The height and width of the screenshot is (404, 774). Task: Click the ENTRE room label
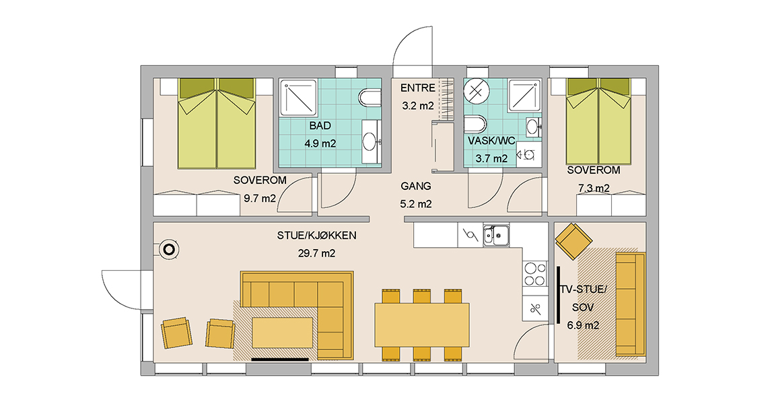pos(417,88)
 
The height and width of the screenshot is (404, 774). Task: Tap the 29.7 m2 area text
pos(316,253)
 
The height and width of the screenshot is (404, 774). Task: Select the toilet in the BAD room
pos(370,97)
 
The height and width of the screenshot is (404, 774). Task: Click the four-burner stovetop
pos(536,274)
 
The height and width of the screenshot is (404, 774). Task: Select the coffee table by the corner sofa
pos(283,333)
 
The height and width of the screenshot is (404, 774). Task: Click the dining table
pos(422,325)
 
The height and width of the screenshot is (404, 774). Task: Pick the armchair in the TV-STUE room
pos(573,241)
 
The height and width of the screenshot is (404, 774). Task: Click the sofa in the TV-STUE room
pos(631,304)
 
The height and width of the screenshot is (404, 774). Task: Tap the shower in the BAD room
pos(299,97)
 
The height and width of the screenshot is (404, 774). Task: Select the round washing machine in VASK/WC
pos(477,91)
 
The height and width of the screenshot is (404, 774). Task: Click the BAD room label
pos(320,126)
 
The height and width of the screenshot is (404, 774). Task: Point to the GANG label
pos(416,187)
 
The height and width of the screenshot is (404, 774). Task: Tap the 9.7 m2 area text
pos(260,199)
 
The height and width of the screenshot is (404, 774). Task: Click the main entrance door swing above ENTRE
pos(413,46)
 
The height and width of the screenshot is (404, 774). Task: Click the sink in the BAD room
pos(371,141)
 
